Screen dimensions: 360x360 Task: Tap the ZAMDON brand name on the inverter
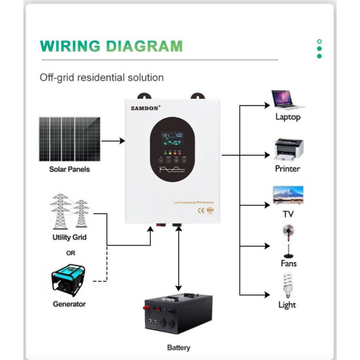point(144,108)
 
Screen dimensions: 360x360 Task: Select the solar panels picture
point(69,139)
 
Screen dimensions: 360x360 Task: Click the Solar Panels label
point(69,169)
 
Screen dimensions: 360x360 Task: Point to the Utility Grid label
point(69,237)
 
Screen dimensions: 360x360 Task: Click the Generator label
point(69,304)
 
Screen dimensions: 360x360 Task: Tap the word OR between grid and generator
point(70,253)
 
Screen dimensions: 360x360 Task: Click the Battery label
point(178,347)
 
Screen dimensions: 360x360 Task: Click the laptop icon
point(287,100)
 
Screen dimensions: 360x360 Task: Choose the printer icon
point(288,149)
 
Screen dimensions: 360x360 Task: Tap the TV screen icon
point(288,195)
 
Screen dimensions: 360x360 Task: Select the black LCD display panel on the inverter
point(172,139)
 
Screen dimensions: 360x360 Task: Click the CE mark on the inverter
point(201,210)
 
